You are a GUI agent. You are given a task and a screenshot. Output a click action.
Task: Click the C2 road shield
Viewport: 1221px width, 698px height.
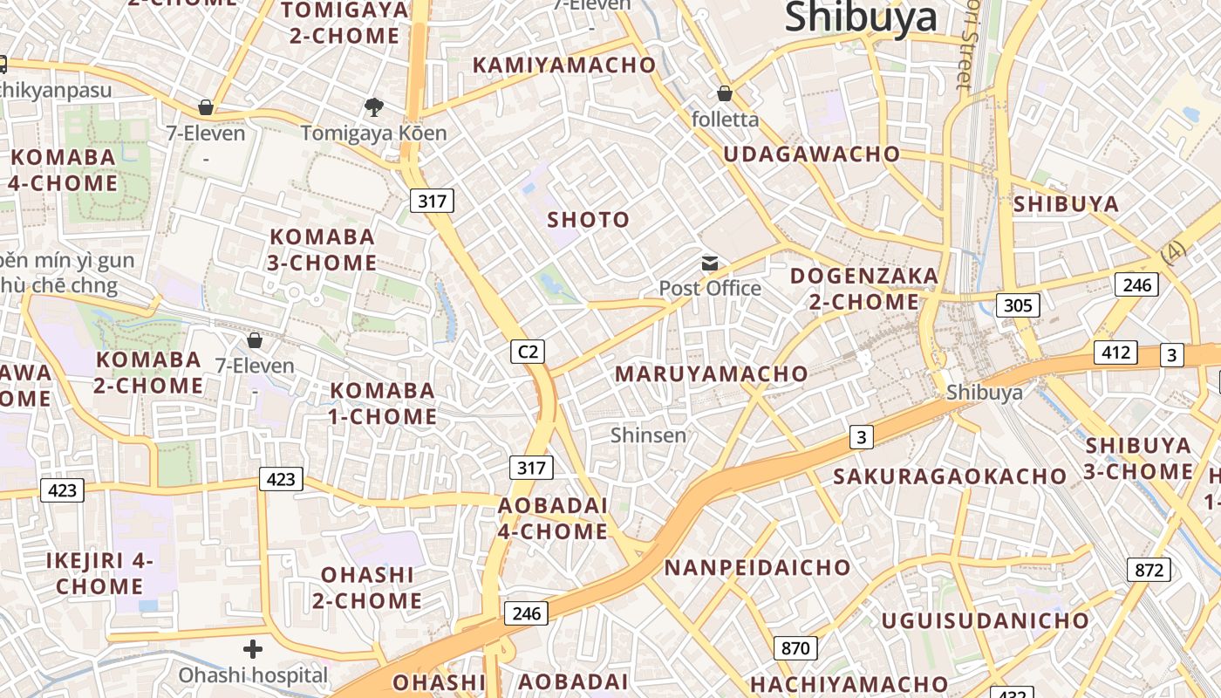coord(528,352)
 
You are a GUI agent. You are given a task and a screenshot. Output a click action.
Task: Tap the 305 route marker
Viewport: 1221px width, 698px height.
coord(1018,305)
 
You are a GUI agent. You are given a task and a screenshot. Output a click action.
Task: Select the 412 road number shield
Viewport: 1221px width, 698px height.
coord(1115,352)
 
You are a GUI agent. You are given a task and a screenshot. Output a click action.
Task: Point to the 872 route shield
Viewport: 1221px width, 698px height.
coord(1149,570)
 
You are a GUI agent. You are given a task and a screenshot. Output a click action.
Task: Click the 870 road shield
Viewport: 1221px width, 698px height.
coord(795,647)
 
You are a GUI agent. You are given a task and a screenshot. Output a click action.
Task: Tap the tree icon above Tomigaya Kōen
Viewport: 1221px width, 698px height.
coord(374,107)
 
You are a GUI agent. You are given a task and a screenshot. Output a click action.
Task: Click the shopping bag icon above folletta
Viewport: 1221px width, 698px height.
coord(725,93)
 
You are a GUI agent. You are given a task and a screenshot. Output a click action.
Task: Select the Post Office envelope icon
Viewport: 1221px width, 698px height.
coord(710,263)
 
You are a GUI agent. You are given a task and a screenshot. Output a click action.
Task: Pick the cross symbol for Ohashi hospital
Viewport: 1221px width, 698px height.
coord(253,649)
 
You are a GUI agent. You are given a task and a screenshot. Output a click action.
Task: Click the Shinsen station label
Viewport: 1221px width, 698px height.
coord(648,435)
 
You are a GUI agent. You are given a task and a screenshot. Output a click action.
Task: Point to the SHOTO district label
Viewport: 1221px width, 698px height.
coord(588,220)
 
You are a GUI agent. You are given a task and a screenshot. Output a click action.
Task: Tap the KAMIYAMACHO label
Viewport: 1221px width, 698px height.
coord(563,65)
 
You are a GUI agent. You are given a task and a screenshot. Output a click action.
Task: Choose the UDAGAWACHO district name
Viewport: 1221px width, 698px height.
coord(811,154)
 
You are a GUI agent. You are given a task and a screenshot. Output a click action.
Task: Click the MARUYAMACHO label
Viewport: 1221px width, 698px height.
coord(711,374)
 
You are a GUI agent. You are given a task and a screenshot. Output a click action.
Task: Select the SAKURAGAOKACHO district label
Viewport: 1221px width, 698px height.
coord(949,476)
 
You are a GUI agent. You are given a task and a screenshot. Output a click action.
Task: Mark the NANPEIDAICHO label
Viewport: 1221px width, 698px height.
coord(756,567)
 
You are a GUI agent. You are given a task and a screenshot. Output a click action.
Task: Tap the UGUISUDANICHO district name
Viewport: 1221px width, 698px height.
coord(985,621)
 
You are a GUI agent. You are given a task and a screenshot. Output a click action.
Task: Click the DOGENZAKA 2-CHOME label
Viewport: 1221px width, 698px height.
coord(863,289)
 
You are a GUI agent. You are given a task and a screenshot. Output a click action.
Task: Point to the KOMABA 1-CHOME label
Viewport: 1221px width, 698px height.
coord(382,403)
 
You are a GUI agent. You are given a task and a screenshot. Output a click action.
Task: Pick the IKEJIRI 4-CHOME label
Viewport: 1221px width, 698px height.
coord(99,573)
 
